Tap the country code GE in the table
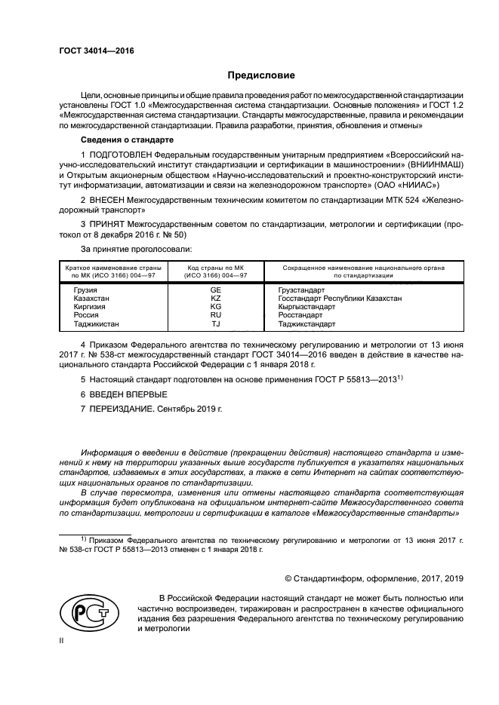(215, 290)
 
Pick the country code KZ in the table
(215, 299)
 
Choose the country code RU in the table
(215, 316)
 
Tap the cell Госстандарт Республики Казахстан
(340, 299)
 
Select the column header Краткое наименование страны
(111, 268)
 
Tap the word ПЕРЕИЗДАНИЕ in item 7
(125, 410)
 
